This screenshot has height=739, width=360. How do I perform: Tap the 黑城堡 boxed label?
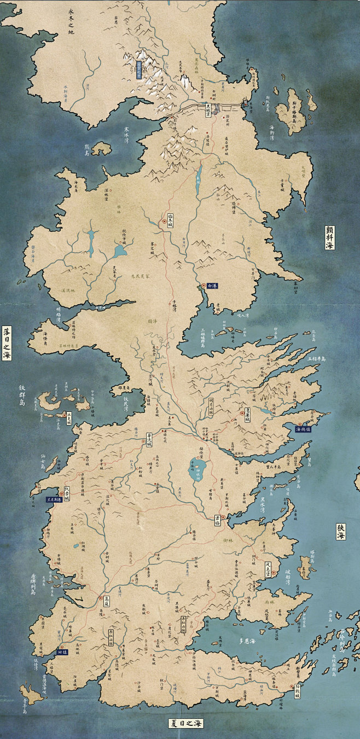click(x=207, y=107)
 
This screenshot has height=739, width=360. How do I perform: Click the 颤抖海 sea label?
click(x=329, y=237)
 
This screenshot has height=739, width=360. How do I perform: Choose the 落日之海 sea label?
click(x=7, y=343)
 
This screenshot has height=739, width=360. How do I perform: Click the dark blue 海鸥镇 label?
click(x=303, y=429)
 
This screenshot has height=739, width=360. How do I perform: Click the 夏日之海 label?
click(x=186, y=723)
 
